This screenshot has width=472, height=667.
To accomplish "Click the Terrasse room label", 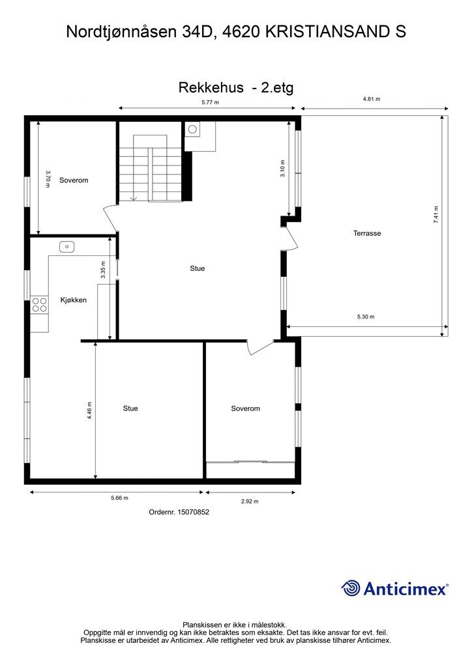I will click(367, 233).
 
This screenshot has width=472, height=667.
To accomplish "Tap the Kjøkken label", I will click(74, 300).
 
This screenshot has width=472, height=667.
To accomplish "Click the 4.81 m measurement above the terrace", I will click(372, 99).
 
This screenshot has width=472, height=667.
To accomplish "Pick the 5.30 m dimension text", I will click(366, 317).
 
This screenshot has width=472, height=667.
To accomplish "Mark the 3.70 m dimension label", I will click(48, 178).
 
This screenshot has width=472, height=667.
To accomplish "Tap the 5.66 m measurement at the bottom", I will click(119, 498).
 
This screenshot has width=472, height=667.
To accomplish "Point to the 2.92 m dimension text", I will click(250, 502).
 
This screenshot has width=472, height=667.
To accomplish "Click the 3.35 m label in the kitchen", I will click(103, 270).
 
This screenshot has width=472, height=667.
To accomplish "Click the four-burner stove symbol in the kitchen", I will click(40, 305).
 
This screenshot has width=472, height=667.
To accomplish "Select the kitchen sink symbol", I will click(66, 246).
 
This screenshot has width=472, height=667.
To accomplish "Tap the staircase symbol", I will click(150, 168).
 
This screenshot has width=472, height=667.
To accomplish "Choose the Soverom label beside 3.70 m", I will click(73, 180).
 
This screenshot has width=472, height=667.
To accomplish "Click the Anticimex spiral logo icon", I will click(351, 588).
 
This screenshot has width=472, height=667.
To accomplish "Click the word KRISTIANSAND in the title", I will click(325, 31).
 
